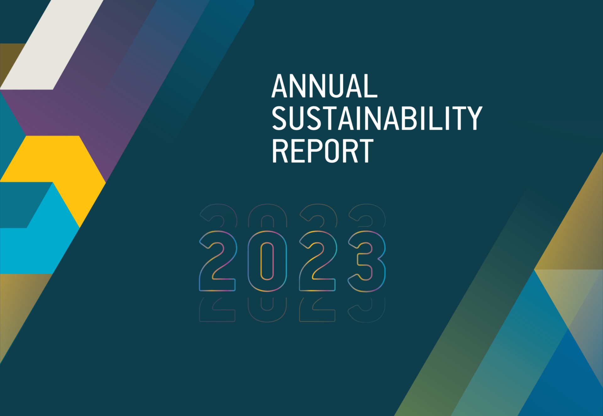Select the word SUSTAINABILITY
tap(377, 118)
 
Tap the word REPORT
tap(323, 151)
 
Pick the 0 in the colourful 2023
tap(267, 261)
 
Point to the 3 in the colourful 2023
tap(367, 261)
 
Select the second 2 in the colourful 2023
tap(318, 261)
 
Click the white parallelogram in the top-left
tap(52, 45)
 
